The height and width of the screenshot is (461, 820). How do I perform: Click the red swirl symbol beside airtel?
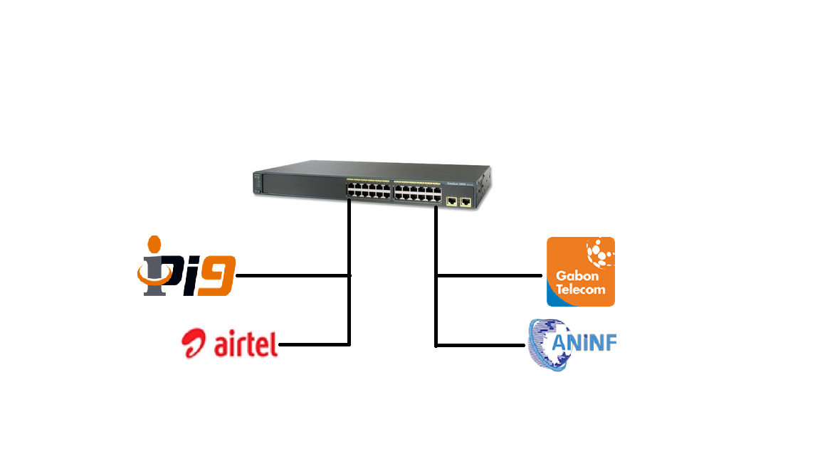(196, 344)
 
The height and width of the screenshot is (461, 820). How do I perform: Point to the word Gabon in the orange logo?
(577, 276)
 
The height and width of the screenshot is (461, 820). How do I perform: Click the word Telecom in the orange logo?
(580, 290)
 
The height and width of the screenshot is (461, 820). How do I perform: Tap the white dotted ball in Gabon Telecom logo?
(599, 252)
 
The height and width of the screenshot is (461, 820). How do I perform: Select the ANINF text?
(586, 344)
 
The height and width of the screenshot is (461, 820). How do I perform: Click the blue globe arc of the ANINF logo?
(541, 345)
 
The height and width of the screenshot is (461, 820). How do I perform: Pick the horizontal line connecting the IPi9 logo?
(292, 275)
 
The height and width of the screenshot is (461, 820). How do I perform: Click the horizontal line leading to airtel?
(313, 345)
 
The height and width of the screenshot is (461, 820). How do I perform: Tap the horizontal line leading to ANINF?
(480, 346)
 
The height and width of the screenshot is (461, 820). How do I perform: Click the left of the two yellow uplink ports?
(452, 202)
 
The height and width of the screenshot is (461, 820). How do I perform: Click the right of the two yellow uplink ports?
(466, 202)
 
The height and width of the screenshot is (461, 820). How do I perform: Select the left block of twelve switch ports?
(368, 189)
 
